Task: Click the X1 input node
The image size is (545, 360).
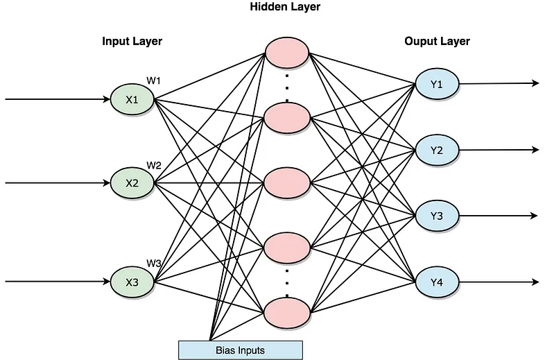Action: pos(132,100)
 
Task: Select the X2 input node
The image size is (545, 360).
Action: pos(132,184)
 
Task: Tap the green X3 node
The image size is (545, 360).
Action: pos(132,282)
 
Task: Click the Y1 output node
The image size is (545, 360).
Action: pos(437,85)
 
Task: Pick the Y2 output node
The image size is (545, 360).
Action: pos(437,151)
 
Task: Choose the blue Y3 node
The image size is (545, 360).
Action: pos(437,216)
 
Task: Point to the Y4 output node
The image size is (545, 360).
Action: pos(437,282)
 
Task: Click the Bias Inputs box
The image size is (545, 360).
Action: pos(241,350)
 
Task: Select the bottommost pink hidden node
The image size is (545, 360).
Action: pos(287,311)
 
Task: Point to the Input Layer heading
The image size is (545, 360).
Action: pos(132,42)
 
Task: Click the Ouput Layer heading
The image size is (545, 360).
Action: pos(437,42)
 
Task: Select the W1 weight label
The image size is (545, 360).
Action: pos(153,81)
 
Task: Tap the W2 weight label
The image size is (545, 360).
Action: pos(153,165)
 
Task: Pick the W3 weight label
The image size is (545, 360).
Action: pos(153,263)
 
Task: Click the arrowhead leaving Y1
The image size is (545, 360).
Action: pos(535,83)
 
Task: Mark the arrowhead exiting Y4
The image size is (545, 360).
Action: pos(535,282)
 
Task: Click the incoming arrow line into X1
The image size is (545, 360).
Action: pos(55,99)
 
